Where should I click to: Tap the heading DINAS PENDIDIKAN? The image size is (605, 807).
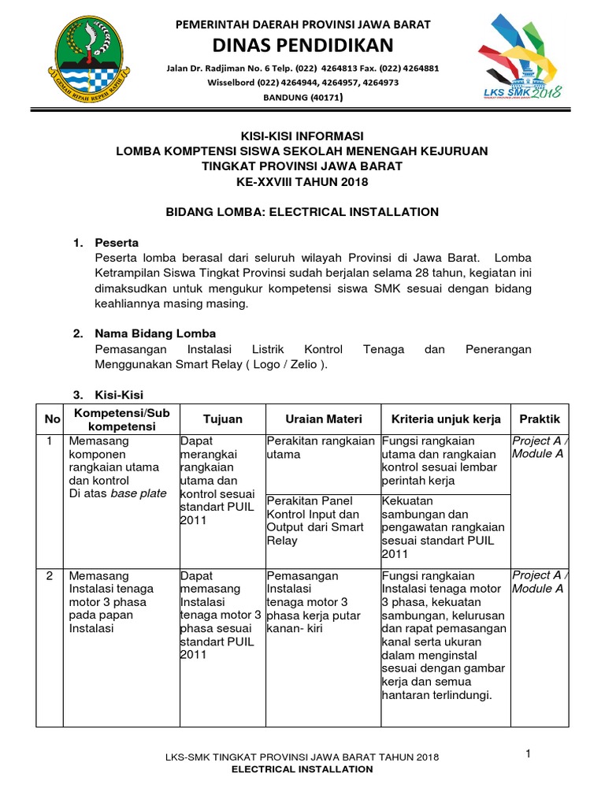tap(303, 45)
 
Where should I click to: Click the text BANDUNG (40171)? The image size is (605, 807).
tap(303, 98)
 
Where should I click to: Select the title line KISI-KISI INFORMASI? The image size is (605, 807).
tap(302, 136)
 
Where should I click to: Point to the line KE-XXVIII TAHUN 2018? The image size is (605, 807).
tap(302, 181)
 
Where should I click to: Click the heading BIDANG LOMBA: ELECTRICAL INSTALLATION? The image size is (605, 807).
tap(302, 212)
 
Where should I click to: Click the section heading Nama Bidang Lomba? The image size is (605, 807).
tap(154, 333)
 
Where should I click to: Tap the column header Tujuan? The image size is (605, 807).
tap(223, 419)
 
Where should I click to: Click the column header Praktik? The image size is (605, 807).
tap(539, 419)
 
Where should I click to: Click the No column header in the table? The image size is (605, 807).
tap(51, 419)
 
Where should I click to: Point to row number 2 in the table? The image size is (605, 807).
tap(50, 575)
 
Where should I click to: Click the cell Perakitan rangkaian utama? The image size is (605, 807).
tap(321, 448)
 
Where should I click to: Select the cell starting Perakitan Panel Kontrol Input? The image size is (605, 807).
tap(321, 520)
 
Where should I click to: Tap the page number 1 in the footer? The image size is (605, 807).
tap(529, 754)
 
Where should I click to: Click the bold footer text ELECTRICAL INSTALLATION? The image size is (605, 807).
tap(302, 769)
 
